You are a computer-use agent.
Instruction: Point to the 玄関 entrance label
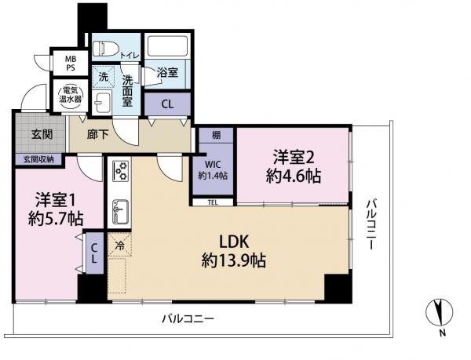click(x=42, y=134)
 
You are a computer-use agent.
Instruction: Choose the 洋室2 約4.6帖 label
click(x=292, y=166)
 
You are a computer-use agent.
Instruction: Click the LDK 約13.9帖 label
click(x=233, y=251)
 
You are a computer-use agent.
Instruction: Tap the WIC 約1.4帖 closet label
click(x=213, y=169)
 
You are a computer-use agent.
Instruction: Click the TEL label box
click(x=213, y=202)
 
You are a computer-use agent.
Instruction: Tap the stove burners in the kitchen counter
click(x=121, y=170)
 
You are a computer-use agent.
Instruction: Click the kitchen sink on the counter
click(x=120, y=210)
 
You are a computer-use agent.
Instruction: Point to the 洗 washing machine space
click(x=103, y=77)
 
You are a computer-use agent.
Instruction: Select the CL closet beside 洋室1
click(x=93, y=253)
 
